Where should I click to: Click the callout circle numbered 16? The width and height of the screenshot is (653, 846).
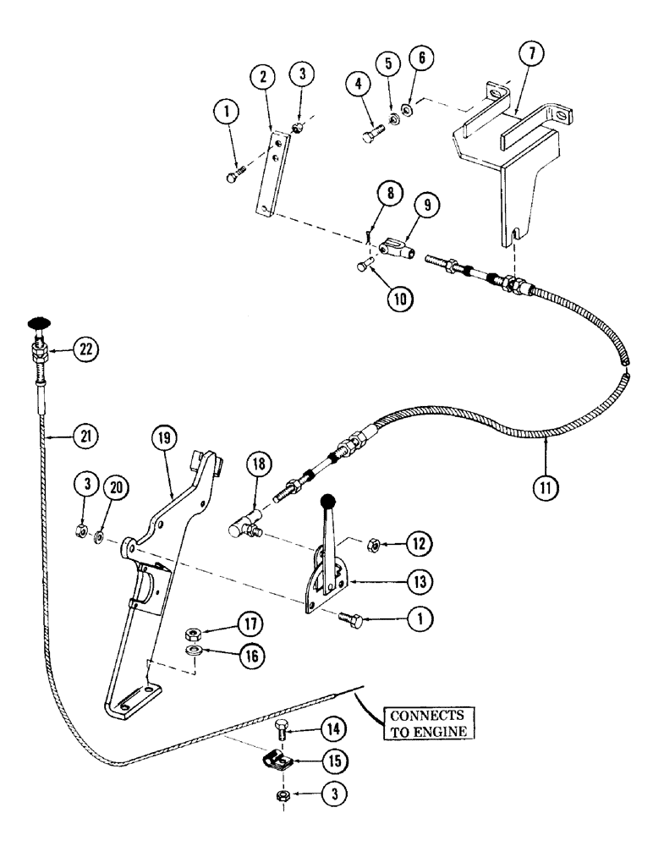coord(251,656)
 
